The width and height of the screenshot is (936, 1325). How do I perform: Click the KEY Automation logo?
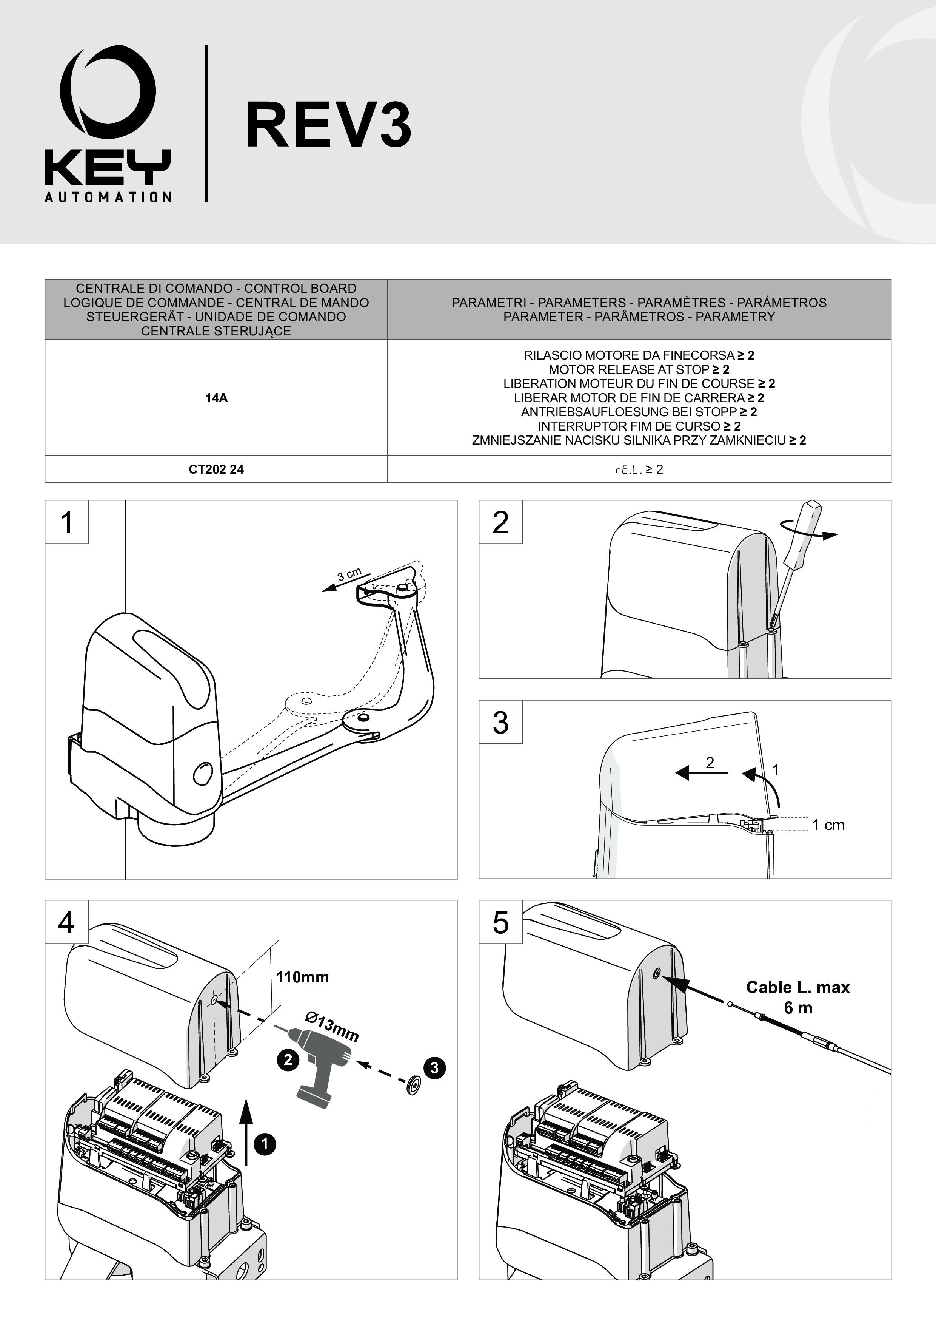(x=108, y=124)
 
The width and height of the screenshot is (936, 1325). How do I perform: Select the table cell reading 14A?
(x=216, y=398)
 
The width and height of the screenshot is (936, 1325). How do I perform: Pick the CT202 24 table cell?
(x=216, y=469)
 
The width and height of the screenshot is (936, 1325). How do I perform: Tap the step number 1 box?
(x=67, y=522)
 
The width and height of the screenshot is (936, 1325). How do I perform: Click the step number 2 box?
(x=500, y=522)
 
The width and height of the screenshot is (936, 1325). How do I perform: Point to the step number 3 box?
(x=500, y=722)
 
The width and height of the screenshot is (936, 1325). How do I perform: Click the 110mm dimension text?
(x=302, y=977)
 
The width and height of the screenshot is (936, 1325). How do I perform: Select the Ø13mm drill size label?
(x=332, y=1027)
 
